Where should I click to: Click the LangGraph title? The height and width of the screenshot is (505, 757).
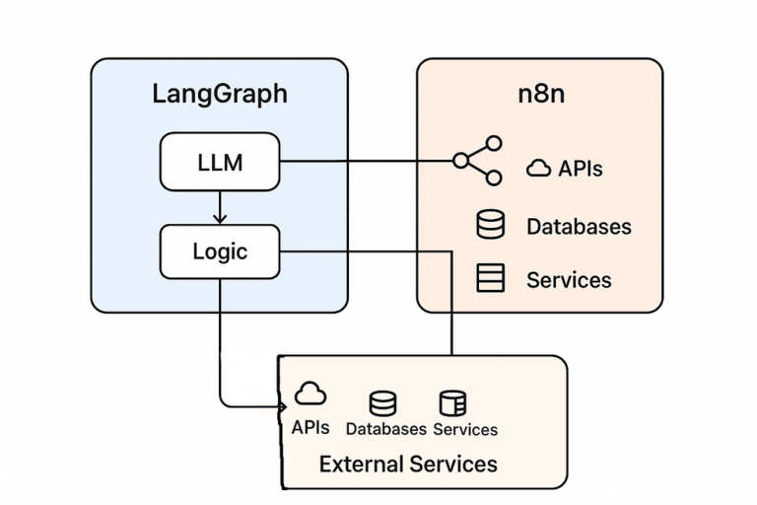tap(220, 94)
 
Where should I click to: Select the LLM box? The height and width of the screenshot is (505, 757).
tap(220, 161)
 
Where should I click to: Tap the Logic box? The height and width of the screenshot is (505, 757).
tap(220, 251)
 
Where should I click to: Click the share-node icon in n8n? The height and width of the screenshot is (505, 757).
tap(478, 161)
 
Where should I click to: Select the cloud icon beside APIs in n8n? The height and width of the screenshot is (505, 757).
tap(538, 169)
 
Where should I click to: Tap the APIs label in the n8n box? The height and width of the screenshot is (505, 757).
tap(581, 169)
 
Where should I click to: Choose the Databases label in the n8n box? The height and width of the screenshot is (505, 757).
tap(579, 226)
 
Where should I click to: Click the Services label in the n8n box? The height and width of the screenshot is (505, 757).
tap(569, 279)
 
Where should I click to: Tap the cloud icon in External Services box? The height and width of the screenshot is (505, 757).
tap(310, 395)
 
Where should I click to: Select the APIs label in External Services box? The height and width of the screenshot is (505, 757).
tap(310, 428)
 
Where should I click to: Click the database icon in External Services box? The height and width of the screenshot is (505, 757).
tap(382, 402)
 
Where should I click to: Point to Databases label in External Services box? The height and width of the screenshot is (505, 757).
tap(385, 429)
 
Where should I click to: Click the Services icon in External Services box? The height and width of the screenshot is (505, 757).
tap(452, 402)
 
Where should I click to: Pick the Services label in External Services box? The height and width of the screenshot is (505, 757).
tap(465, 429)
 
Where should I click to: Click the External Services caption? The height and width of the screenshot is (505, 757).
tap(408, 464)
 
